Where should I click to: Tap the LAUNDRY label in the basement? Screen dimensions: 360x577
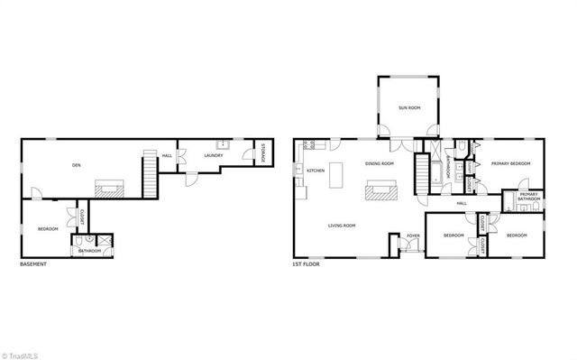click(213, 155)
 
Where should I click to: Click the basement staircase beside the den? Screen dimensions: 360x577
click(149, 172)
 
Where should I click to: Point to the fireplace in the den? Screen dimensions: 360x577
click(111, 188)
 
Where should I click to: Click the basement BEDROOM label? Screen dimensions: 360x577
click(48, 229)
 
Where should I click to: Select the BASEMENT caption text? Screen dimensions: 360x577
click(33, 264)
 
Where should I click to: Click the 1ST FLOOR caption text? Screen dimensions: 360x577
click(307, 264)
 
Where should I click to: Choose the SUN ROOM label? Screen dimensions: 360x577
click(409, 107)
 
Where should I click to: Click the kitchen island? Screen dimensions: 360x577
click(340, 174)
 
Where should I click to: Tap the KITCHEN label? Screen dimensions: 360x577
click(315, 171)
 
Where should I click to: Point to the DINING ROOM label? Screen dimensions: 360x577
click(379, 163)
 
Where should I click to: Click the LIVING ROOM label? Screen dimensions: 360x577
click(341, 226)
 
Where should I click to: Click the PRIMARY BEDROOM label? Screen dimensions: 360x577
click(510, 163)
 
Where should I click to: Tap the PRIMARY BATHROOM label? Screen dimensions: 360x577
click(528, 196)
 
